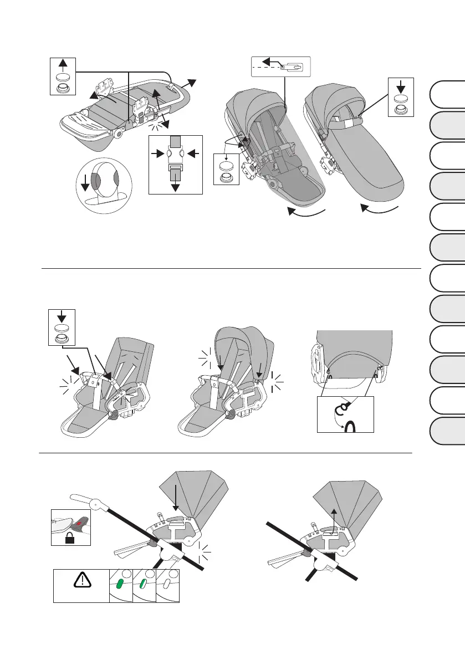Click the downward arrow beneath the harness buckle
176,183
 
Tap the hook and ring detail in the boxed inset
345,415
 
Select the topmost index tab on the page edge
447,94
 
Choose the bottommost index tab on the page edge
447,431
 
